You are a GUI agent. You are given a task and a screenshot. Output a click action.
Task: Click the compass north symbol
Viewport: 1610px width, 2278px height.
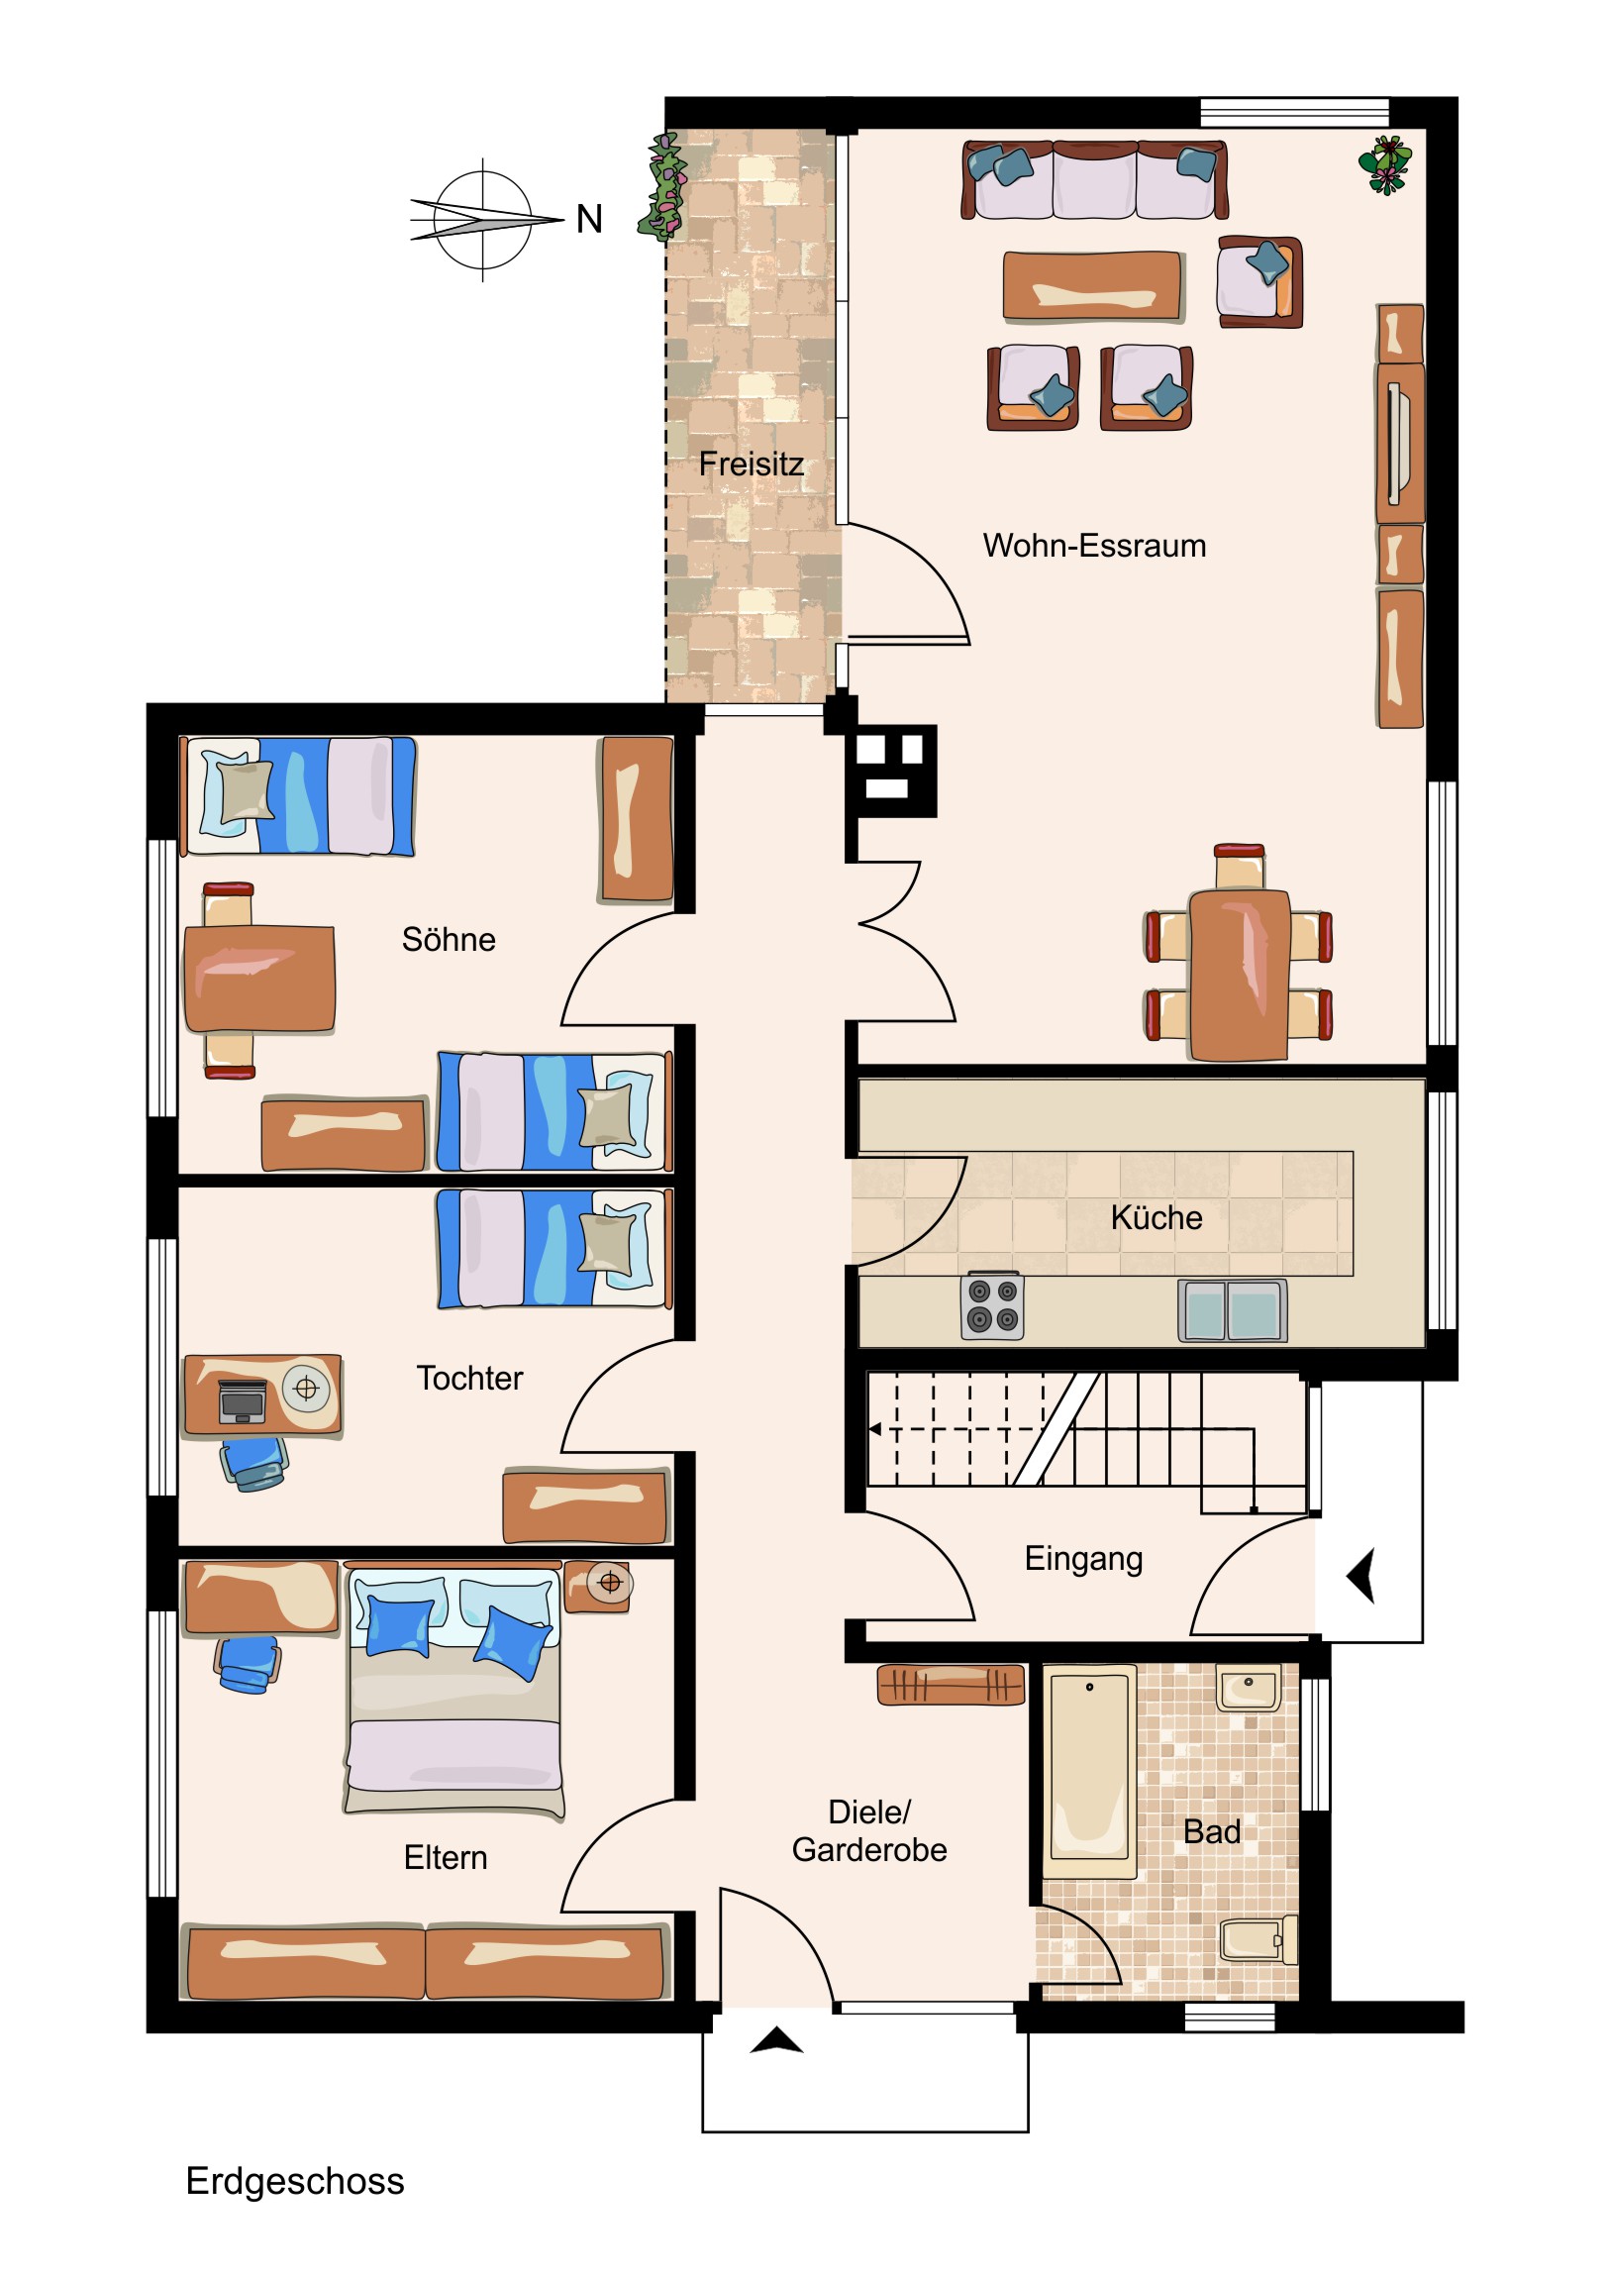point(485,219)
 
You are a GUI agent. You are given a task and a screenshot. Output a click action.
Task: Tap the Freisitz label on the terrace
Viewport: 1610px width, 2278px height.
point(751,464)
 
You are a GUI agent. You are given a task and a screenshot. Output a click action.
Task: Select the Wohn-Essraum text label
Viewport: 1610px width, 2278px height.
point(1094,546)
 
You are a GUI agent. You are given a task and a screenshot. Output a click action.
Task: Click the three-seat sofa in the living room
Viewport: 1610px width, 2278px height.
point(1094,179)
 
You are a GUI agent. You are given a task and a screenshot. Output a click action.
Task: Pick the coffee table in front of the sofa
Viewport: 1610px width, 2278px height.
point(1092,286)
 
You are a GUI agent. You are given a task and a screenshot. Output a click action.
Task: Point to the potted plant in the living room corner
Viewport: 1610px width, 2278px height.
point(1386,164)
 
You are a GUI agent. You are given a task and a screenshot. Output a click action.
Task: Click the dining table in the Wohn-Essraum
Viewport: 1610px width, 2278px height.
point(1239,975)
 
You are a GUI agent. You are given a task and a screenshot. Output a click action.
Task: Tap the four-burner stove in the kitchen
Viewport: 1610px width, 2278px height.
point(993,1304)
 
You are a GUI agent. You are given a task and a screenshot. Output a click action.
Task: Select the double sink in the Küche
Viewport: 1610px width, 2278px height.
point(1232,1309)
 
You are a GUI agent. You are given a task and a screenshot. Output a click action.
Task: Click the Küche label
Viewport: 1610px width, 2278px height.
point(1157,1217)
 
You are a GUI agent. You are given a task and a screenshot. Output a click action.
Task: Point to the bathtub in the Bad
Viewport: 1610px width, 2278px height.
point(1089,1771)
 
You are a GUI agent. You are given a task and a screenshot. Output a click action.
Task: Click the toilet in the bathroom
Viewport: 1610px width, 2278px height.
point(1258,1938)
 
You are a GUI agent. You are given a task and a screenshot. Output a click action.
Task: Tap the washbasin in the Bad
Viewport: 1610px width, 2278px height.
point(1248,1687)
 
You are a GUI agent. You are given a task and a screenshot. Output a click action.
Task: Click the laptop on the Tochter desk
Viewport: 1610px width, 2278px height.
point(242,1400)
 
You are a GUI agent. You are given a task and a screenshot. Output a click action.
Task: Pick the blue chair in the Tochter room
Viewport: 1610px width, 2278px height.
point(253,1465)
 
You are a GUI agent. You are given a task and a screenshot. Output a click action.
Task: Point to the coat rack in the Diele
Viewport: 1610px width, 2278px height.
point(951,1685)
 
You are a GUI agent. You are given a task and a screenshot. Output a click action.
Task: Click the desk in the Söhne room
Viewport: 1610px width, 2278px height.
point(258,979)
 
